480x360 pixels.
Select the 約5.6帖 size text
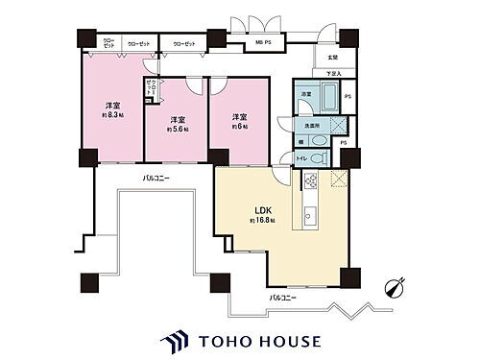pyautogui.click(x=176, y=128)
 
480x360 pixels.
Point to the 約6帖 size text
pyautogui.click(x=239, y=126)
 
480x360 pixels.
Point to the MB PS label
pyautogui.click(x=260, y=43)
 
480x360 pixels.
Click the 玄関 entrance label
pyautogui.click(x=332, y=57)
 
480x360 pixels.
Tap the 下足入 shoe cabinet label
pyautogui.click(x=332, y=72)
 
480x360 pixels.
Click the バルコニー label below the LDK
pyautogui.click(x=282, y=298)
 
